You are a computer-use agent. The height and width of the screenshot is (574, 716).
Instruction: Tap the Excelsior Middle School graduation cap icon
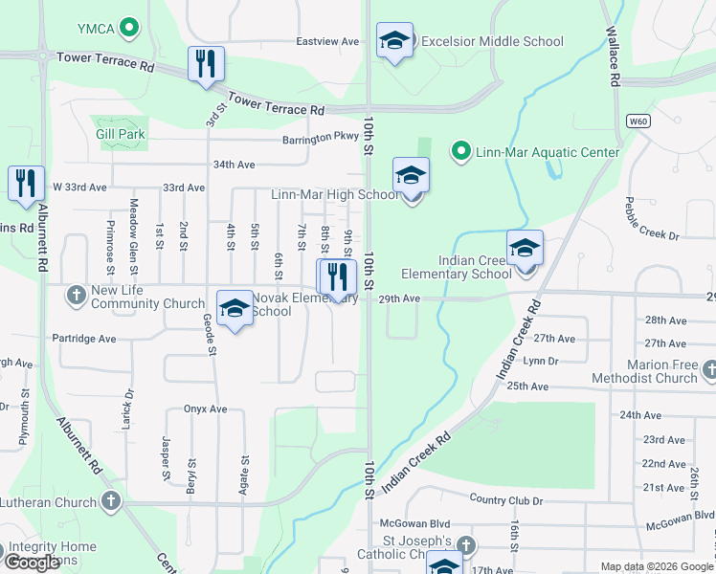tap(394, 41)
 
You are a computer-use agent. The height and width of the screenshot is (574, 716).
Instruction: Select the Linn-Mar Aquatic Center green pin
tap(460, 151)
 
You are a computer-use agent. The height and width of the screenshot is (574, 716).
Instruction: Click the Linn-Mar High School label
tap(335, 195)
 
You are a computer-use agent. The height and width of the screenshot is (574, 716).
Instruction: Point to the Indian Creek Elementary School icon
tap(525, 249)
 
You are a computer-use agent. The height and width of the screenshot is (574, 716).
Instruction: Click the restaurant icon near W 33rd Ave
tap(26, 184)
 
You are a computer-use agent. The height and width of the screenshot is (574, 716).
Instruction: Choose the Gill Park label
tap(121, 135)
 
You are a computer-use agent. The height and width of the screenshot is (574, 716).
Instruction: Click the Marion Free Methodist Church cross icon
tap(709, 369)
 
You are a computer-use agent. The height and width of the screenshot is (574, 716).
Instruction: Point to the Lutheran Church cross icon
tap(111, 501)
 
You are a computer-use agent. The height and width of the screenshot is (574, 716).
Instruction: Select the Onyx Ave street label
tap(205, 408)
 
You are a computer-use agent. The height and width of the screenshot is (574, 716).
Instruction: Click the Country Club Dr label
tap(506, 501)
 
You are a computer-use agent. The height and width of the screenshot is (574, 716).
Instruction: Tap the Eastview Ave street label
tap(327, 42)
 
